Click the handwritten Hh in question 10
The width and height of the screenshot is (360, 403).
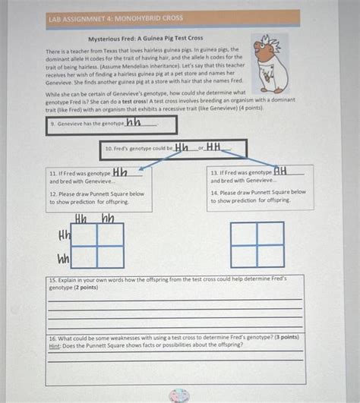click(182, 147)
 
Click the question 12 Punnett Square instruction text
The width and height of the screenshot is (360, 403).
click(97, 198)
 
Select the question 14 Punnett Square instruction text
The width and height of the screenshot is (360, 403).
click(258, 197)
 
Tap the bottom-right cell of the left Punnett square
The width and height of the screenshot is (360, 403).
click(110, 257)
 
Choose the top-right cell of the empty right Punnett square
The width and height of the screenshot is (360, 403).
click(270, 234)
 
